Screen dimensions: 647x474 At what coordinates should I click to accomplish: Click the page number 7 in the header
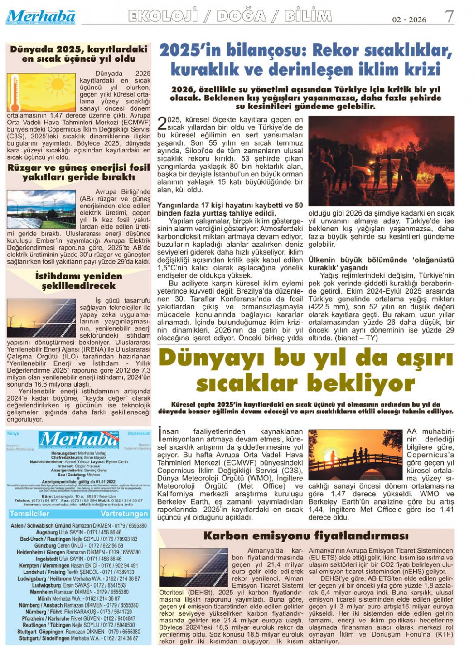pos(449,17)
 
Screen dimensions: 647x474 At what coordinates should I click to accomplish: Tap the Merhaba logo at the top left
pos(41,17)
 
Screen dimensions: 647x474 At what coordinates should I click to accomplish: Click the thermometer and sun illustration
pos(41,93)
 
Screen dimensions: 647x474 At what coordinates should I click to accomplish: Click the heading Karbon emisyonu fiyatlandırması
pos(306,536)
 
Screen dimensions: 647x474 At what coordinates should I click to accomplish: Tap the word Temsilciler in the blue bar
pos(29,514)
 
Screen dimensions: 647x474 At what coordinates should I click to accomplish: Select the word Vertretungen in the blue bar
pos(124,514)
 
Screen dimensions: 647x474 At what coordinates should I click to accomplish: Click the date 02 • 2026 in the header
pos(409,20)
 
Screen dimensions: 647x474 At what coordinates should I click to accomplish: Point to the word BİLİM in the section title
pos(308,16)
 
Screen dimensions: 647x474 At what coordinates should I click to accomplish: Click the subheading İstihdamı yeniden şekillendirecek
pos(78,281)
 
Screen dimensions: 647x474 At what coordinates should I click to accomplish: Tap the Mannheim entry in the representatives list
pos(79,592)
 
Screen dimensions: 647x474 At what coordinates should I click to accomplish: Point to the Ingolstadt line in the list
pos(79,559)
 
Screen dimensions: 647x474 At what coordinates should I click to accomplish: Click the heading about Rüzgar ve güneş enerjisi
pos(78,172)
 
